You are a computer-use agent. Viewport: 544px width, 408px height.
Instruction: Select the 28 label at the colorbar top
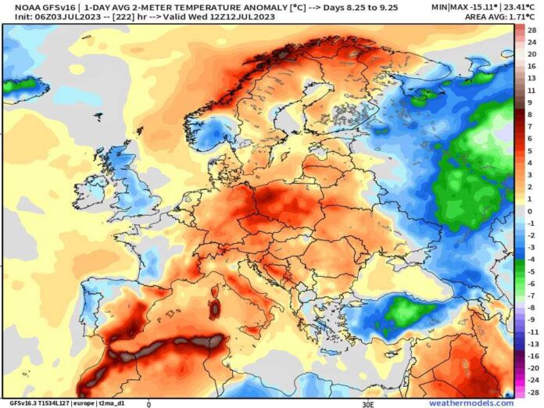(x=531, y=30)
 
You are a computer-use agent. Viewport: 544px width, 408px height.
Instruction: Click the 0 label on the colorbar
(x=531, y=211)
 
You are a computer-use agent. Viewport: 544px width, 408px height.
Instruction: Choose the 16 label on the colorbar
(x=531, y=66)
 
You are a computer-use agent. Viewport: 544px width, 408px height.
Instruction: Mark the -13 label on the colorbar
(x=531, y=342)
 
